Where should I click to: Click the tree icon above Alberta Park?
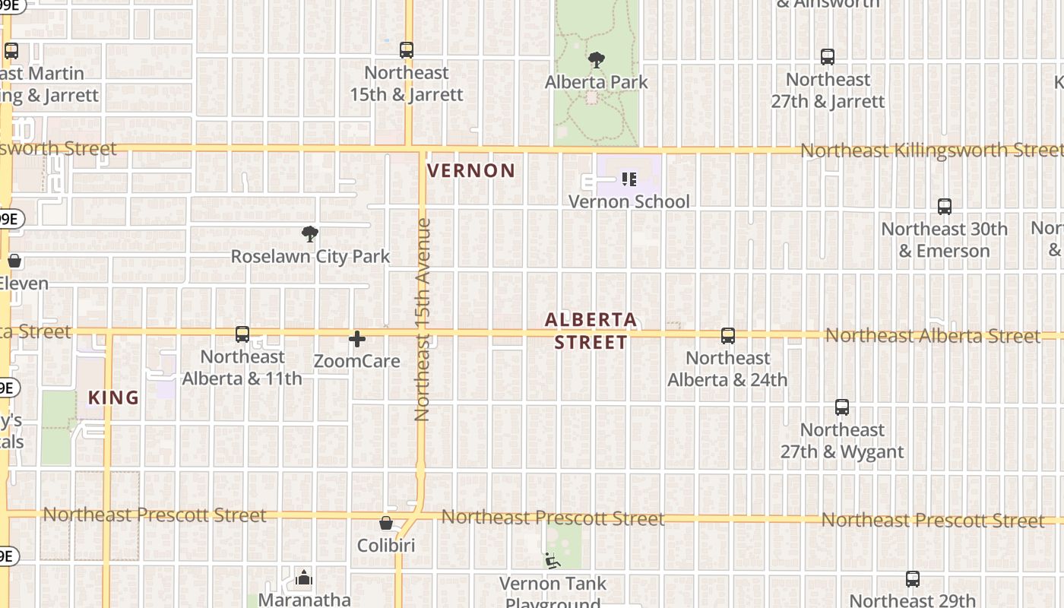pyautogui.click(x=597, y=59)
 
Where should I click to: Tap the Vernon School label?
pyautogui.click(x=629, y=201)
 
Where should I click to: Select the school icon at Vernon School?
pyautogui.click(x=629, y=179)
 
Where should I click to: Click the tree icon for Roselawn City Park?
pyautogui.click(x=309, y=234)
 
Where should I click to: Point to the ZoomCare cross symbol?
pyautogui.click(x=357, y=339)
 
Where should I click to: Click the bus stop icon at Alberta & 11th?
pyautogui.click(x=242, y=334)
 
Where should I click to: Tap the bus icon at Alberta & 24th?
pyautogui.click(x=728, y=336)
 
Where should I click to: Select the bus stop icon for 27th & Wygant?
pyautogui.click(x=842, y=407)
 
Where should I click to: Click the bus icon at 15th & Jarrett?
pyautogui.click(x=407, y=50)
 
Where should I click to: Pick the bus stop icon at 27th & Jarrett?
pyautogui.click(x=828, y=57)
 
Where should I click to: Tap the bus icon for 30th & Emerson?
pyautogui.click(x=945, y=207)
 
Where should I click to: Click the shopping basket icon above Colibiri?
pyautogui.click(x=386, y=524)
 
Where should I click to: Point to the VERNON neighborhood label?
pyautogui.click(x=471, y=171)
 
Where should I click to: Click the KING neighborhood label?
pyautogui.click(x=114, y=397)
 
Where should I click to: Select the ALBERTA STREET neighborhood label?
pyautogui.click(x=591, y=331)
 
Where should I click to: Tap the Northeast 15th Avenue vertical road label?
pyautogui.click(x=423, y=319)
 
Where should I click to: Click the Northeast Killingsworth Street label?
pyautogui.click(x=931, y=150)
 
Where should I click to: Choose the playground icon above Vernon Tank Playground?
pyautogui.click(x=553, y=561)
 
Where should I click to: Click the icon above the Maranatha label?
pyautogui.click(x=304, y=578)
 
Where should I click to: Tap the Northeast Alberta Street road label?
pyautogui.click(x=933, y=336)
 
